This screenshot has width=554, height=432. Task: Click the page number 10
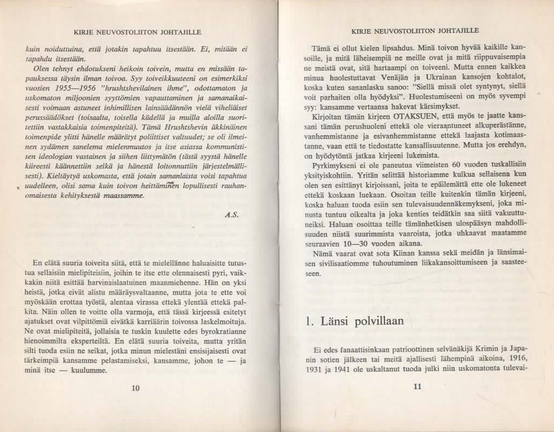coord(136,388)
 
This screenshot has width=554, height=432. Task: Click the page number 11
coord(418,388)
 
